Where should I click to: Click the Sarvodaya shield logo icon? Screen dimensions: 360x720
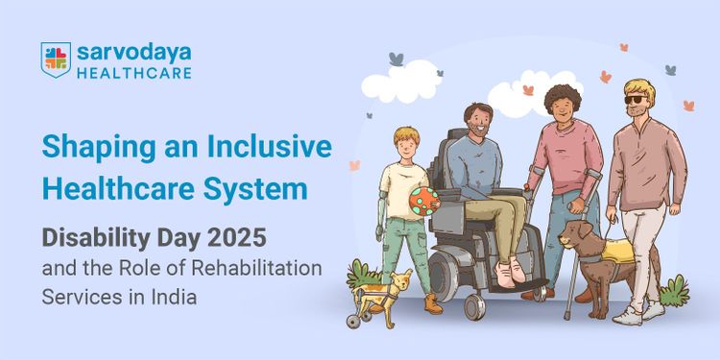pos(56,60)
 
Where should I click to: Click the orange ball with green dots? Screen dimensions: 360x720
pos(423,200)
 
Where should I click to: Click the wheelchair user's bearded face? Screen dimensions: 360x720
pos(479,122)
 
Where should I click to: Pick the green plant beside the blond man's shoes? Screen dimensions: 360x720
pos(674,289)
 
